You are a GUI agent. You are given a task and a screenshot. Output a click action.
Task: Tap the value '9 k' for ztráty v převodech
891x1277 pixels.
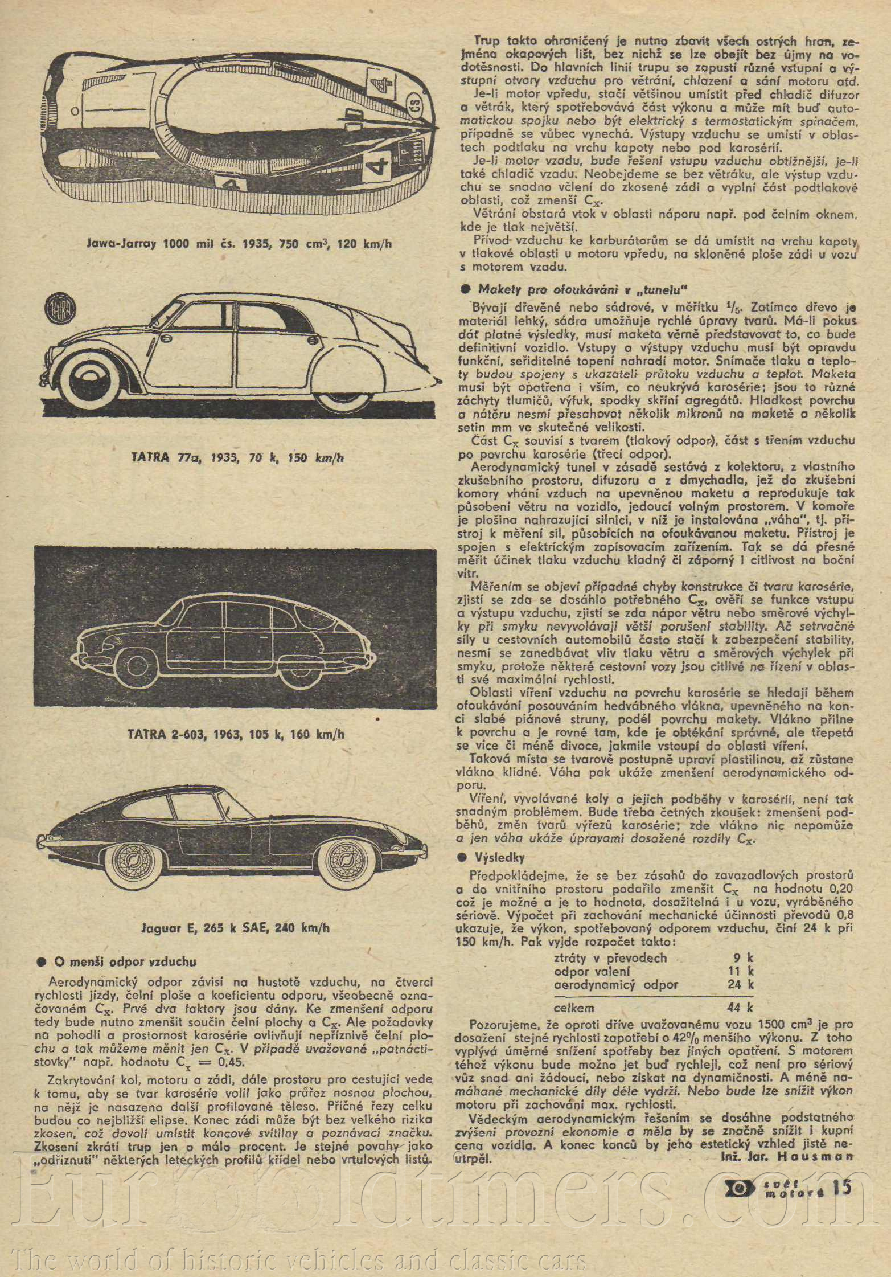(x=744, y=958)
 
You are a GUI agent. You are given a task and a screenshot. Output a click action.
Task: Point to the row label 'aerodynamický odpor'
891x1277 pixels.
(x=616, y=984)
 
